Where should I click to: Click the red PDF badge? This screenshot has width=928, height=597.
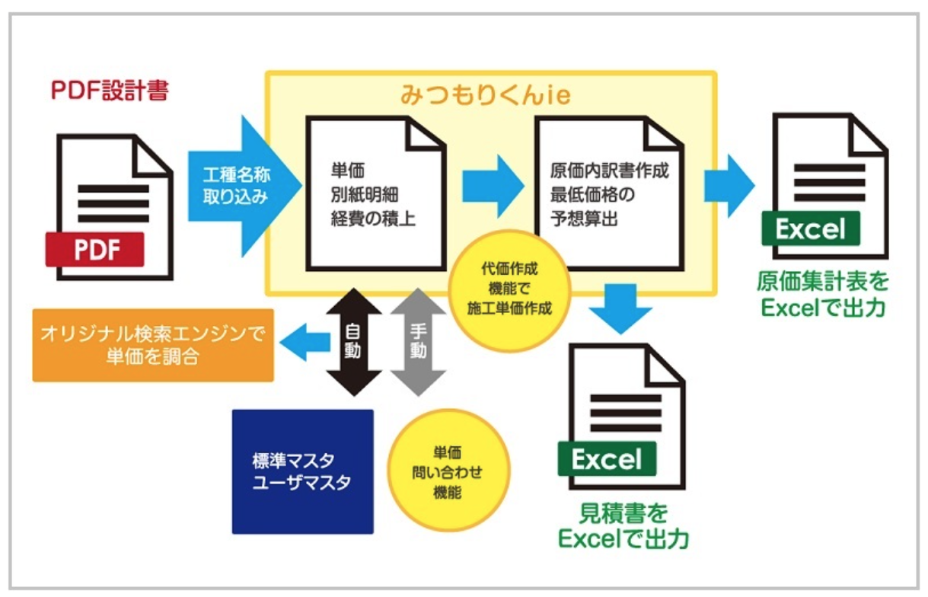click(94, 249)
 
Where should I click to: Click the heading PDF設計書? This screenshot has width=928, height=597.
click(110, 91)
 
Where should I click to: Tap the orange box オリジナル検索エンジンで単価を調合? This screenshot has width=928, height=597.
click(153, 346)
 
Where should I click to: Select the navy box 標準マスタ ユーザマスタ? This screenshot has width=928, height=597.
click(302, 471)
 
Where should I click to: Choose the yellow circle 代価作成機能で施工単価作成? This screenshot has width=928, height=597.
click(509, 289)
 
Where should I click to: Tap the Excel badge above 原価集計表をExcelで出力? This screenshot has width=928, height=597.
click(811, 228)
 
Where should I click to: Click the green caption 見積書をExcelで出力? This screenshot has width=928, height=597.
click(623, 525)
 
